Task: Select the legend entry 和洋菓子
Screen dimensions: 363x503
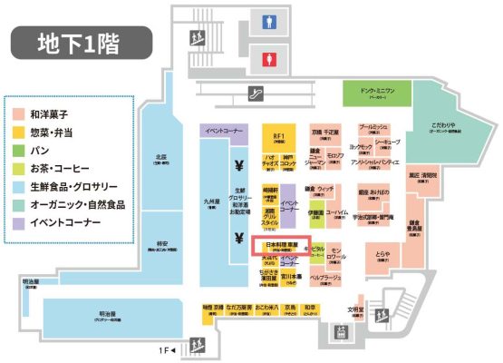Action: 58,116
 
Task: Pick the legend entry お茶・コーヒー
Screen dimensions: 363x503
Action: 58,169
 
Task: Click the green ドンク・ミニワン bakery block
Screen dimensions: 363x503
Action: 377,94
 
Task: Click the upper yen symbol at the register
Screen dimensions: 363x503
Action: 237,166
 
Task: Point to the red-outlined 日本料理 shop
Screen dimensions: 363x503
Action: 282,247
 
